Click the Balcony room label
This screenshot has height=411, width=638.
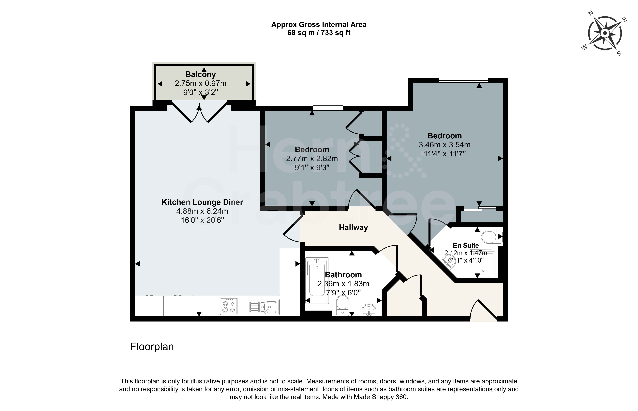click(201, 74)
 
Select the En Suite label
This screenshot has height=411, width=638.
click(466, 245)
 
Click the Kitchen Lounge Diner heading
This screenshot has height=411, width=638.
click(202, 202)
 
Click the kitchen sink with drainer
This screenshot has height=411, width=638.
click(264, 307)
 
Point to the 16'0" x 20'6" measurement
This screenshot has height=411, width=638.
click(202, 220)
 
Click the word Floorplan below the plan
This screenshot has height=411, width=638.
click(152, 347)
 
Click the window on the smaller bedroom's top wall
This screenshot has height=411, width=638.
click(328, 108)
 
